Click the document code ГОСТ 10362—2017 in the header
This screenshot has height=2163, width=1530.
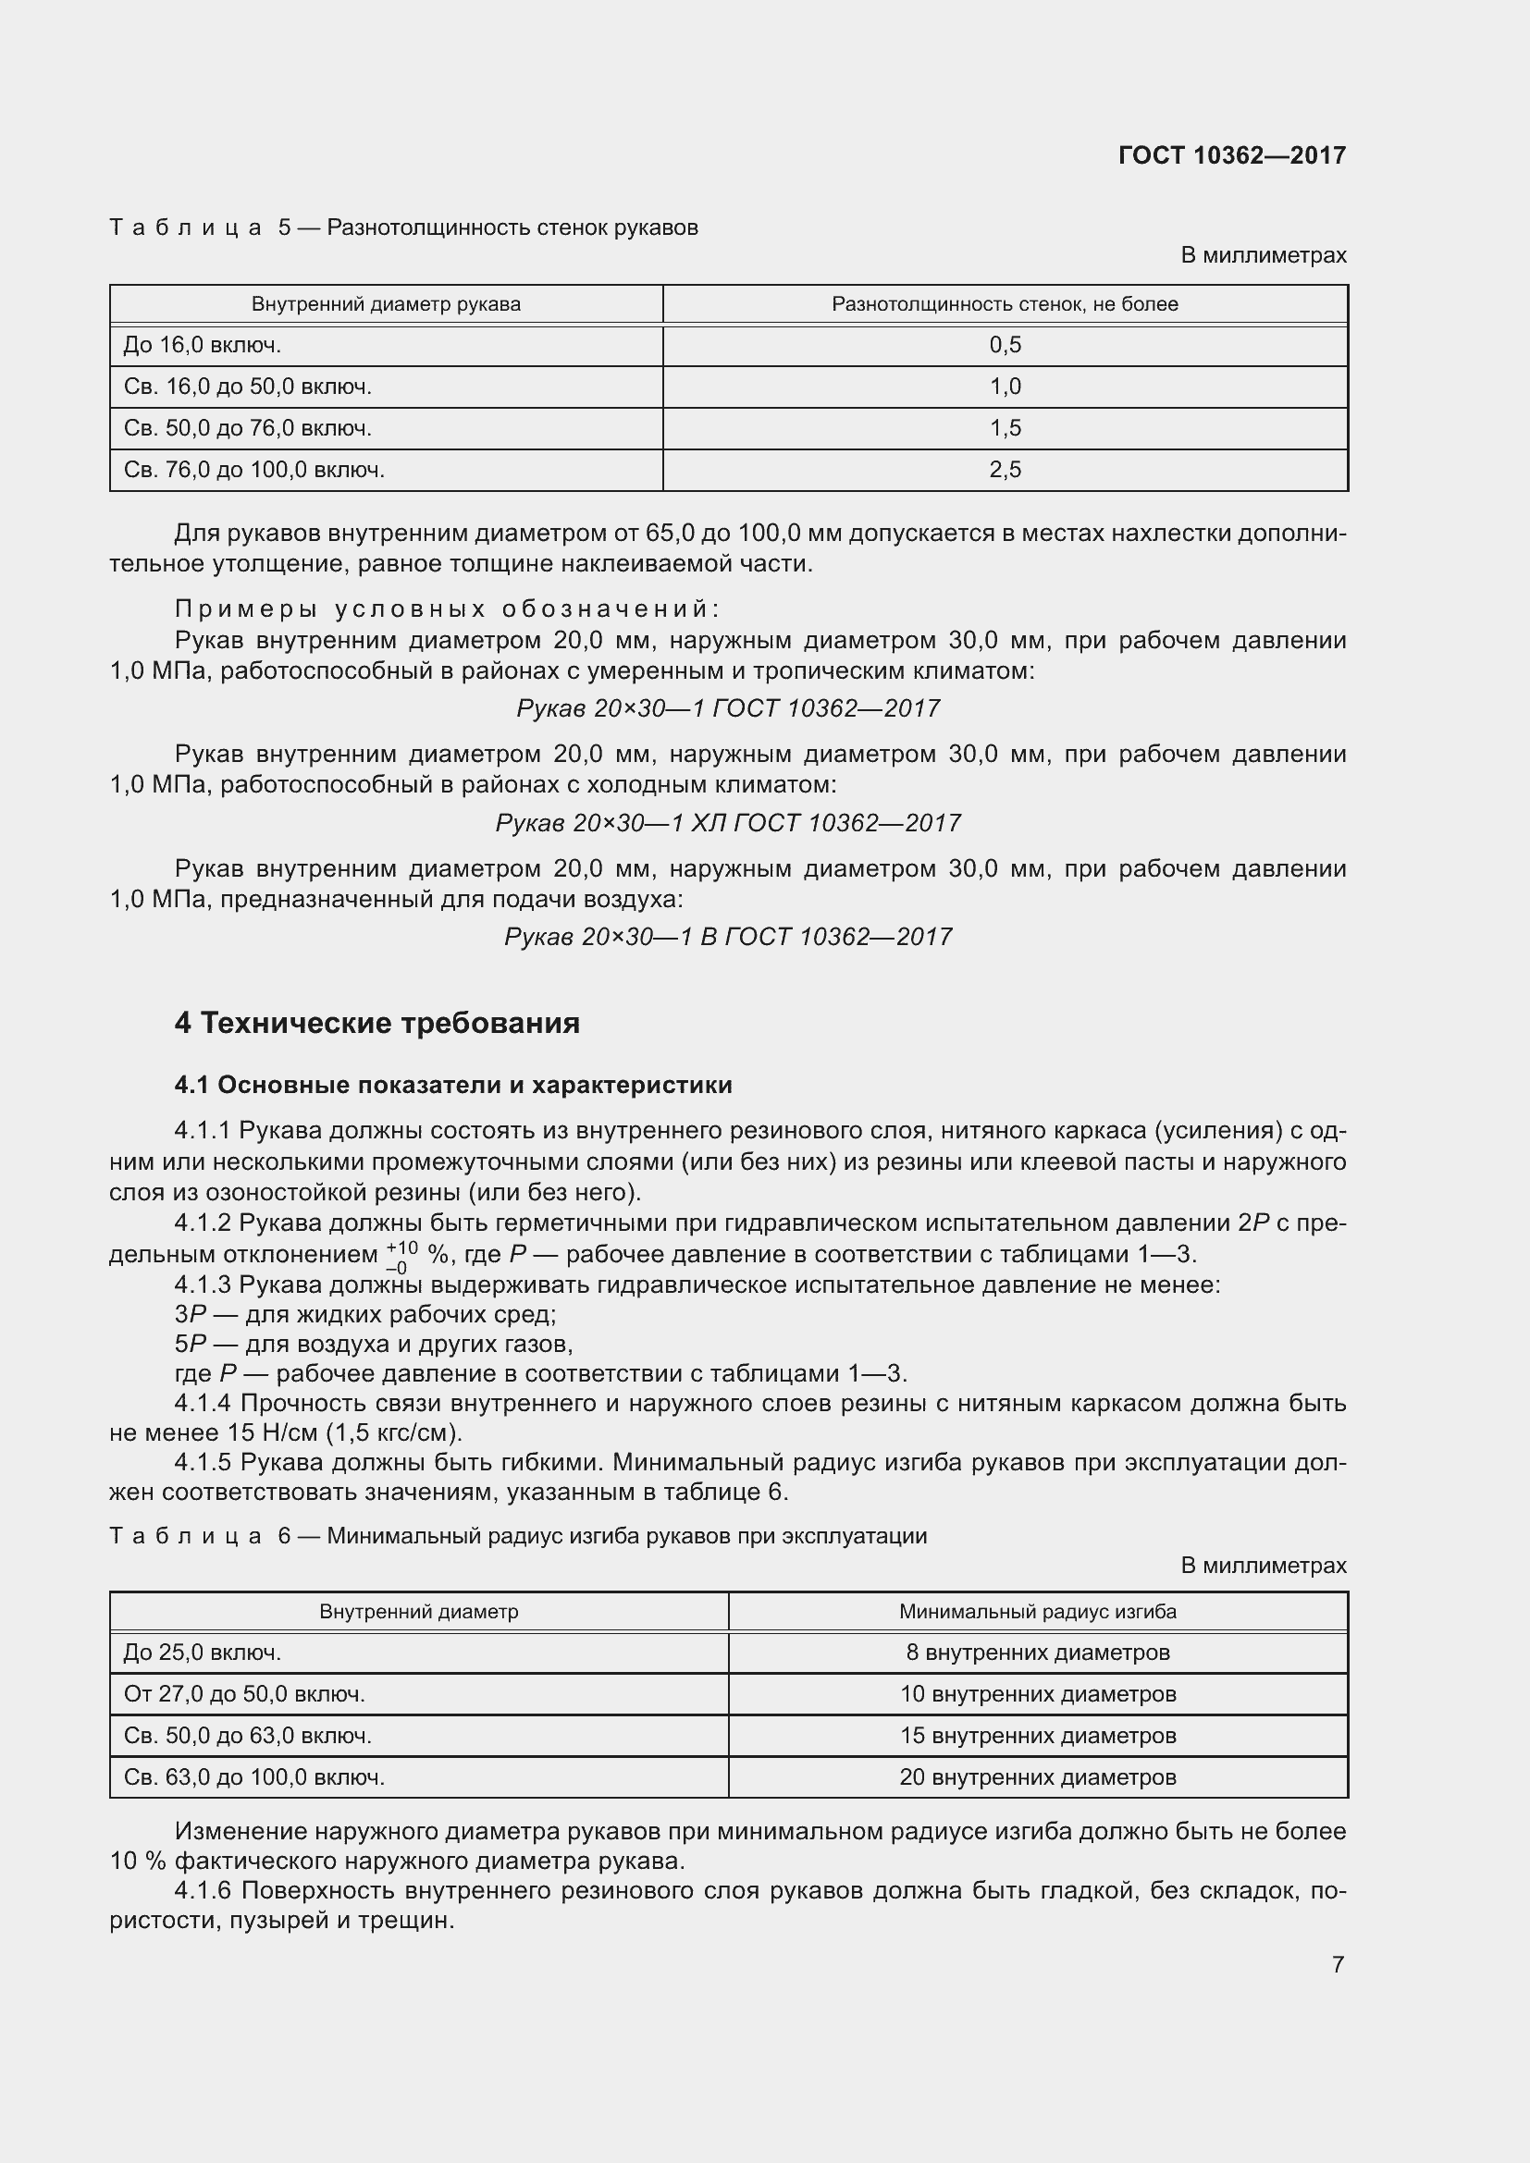pyautogui.click(x=1231, y=155)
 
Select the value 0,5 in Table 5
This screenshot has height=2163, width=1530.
pyautogui.click(x=1005, y=345)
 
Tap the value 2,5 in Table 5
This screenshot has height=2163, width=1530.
pyautogui.click(x=1005, y=469)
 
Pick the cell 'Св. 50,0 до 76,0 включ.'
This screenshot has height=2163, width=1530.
pyautogui.click(x=248, y=428)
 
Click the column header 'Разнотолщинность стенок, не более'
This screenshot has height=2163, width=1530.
pyautogui.click(x=1005, y=304)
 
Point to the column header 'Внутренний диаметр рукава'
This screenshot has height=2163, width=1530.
pyautogui.click(x=386, y=304)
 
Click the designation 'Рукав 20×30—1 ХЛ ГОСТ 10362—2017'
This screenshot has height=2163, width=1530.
pyautogui.click(x=727, y=822)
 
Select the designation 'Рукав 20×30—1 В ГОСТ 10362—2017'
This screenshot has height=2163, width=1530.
pyautogui.click(x=727, y=937)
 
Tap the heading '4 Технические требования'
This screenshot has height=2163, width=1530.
pyautogui.click(x=376, y=1023)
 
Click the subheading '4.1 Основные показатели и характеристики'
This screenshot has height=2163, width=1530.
pyautogui.click(x=453, y=1086)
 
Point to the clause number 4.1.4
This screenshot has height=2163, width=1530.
pyautogui.click(x=203, y=1404)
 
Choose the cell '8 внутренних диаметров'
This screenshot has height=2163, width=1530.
pyautogui.click(x=1037, y=1653)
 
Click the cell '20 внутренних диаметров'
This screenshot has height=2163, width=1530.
pyautogui.click(x=1037, y=1776)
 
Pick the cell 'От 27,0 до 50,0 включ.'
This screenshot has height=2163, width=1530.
pyautogui.click(x=244, y=1694)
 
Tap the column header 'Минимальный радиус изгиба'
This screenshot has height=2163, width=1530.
pyautogui.click(x=1037, y=1612)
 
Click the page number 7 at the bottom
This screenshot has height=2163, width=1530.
pyautogui.click(x=1337, y=1964)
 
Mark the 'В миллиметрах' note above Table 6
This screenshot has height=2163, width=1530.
pyautogui.click(x=1263, y=1566)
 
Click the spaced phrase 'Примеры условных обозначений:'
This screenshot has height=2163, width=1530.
pyautogui.click(x=448, y=608)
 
